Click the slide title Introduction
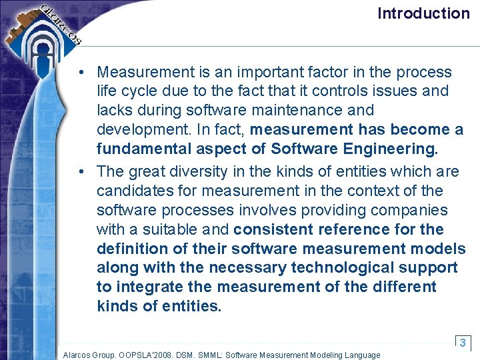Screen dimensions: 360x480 click(423, 13)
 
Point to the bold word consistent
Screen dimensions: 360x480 click(274, 229)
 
